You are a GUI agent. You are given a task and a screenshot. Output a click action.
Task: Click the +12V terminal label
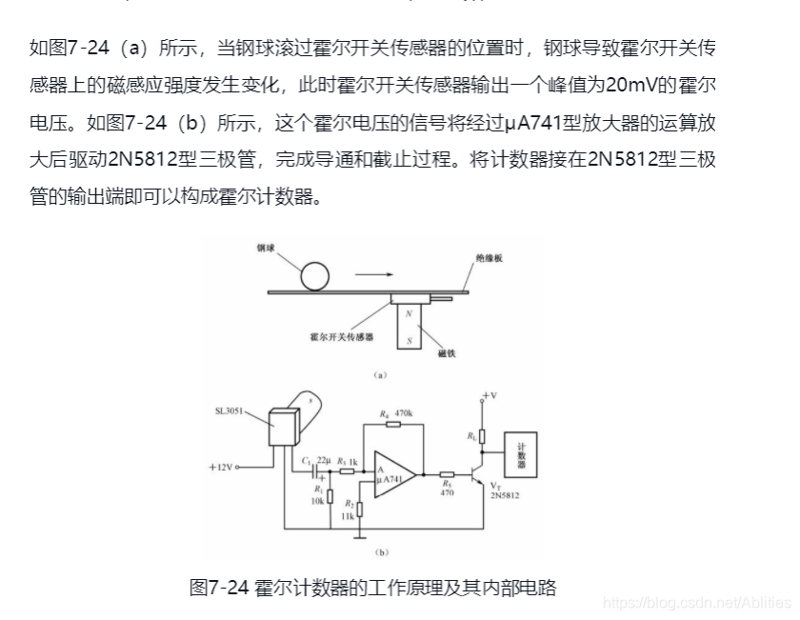coord(222,468)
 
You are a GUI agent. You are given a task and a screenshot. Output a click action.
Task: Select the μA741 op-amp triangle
coord(393,472)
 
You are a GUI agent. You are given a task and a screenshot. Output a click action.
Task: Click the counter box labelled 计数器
coord(521,458)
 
